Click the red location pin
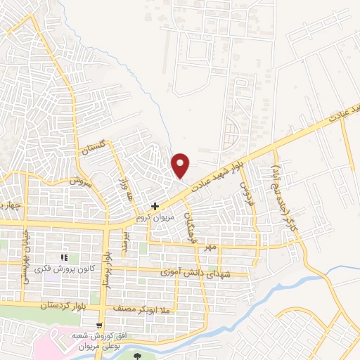coord(181,164)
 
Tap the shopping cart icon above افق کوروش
coord(99,325)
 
